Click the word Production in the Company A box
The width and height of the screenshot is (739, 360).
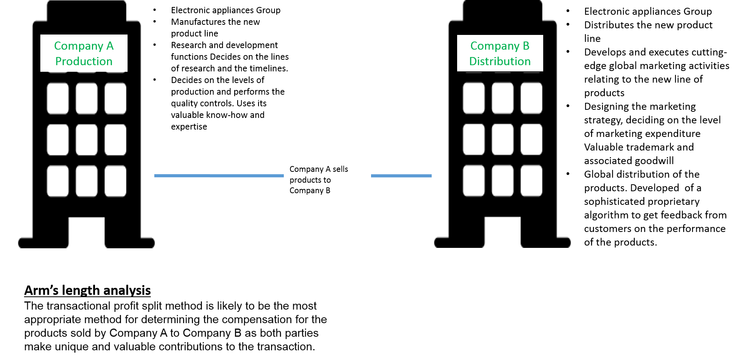click(84, 61)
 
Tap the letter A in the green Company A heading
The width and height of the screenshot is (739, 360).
click(110, 46)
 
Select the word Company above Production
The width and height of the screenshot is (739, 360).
click(78, 46)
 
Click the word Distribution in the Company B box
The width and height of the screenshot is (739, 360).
click(500, 61)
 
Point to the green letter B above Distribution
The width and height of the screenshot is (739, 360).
click(526, 46)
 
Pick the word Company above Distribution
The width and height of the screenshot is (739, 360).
click(494, 46)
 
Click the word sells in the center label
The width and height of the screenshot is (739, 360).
click(340, 169)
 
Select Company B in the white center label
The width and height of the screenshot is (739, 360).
click(310, 190)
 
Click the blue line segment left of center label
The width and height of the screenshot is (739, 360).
click(219, 176)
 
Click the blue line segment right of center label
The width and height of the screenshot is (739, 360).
click(401, 176)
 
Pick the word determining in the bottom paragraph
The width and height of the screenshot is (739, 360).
click(170, 320)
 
